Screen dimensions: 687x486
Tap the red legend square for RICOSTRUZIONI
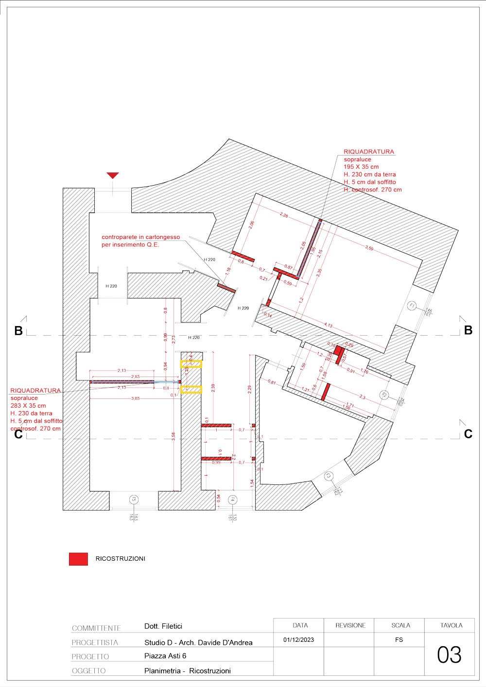click(78, 559)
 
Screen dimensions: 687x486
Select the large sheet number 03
click(449, 655)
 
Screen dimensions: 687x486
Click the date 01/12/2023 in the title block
click(298, 640)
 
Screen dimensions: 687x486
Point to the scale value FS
click(399, 640)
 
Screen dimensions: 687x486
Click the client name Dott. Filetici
click(163, 626)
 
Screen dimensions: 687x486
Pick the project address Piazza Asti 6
click(165, 656)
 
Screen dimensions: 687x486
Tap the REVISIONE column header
click(350, 626)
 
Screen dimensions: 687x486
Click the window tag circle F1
click(412, 306)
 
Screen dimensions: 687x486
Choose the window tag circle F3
click(329, 476)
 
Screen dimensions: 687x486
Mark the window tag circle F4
click(232, 499)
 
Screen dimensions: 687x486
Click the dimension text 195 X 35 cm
click(361, 167)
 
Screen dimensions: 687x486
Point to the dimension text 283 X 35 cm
click(28, 406)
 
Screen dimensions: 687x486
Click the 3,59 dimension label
click(369, 248)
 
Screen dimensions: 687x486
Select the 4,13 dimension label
click(329, 325)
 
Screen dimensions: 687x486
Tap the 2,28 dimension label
click(284, 215)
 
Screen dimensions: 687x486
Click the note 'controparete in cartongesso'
click(140, 237)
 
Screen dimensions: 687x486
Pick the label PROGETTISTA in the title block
click(95, 642)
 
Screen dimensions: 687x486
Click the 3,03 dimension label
click(135, 398)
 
